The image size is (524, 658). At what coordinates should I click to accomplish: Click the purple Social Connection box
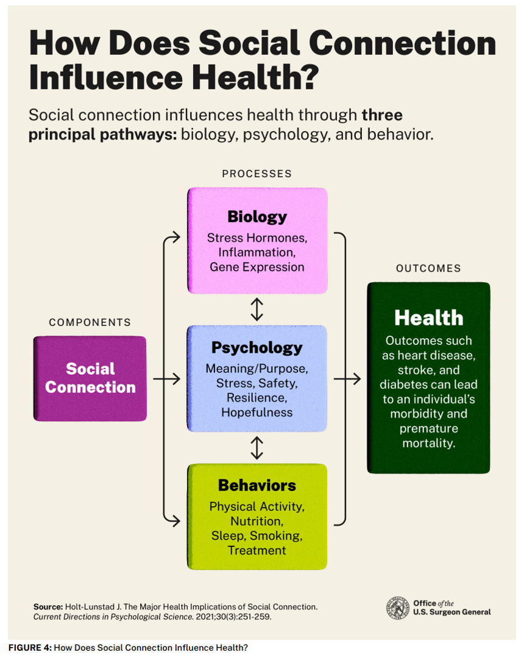click(x=90, y=378)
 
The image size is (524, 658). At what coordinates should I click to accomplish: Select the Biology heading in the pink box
click(x=257, y=217)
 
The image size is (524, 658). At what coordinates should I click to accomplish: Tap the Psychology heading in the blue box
click(x=257, y=348)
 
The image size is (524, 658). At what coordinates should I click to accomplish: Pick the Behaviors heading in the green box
click(x=257, y=486)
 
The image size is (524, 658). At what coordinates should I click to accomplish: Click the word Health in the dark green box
click(x=428, y=317)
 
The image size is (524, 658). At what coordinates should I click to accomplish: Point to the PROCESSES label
click(x=257, y=174)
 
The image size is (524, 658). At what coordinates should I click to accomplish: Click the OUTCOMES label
click(x=428, y=268)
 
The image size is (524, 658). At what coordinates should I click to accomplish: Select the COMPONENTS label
click(x=90, y=322)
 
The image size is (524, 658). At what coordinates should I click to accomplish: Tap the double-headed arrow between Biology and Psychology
click(x=257, y=309)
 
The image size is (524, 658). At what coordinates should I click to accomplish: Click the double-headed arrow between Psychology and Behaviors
click(x=257, y=447)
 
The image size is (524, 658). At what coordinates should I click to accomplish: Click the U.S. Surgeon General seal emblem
click(x=397, y=608)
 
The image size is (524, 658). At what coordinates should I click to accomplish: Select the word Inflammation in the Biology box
click(x=257, y=252)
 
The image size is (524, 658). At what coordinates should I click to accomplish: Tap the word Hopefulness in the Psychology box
click(x=257, y=412)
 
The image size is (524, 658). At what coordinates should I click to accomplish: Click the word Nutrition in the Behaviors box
click(x=257, y=522)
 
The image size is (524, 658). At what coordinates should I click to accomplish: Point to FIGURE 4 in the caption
click(x=29, y=647)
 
